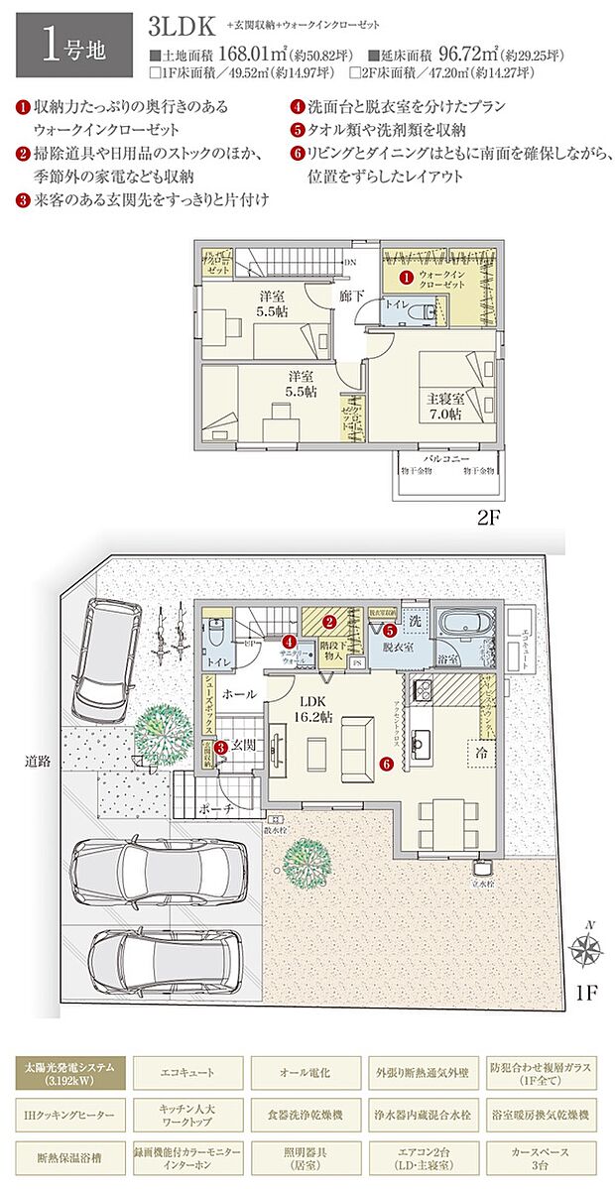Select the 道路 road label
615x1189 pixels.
(40, 763)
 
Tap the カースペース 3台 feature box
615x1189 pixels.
(542, 1156)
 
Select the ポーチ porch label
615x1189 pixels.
(216, 809)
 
